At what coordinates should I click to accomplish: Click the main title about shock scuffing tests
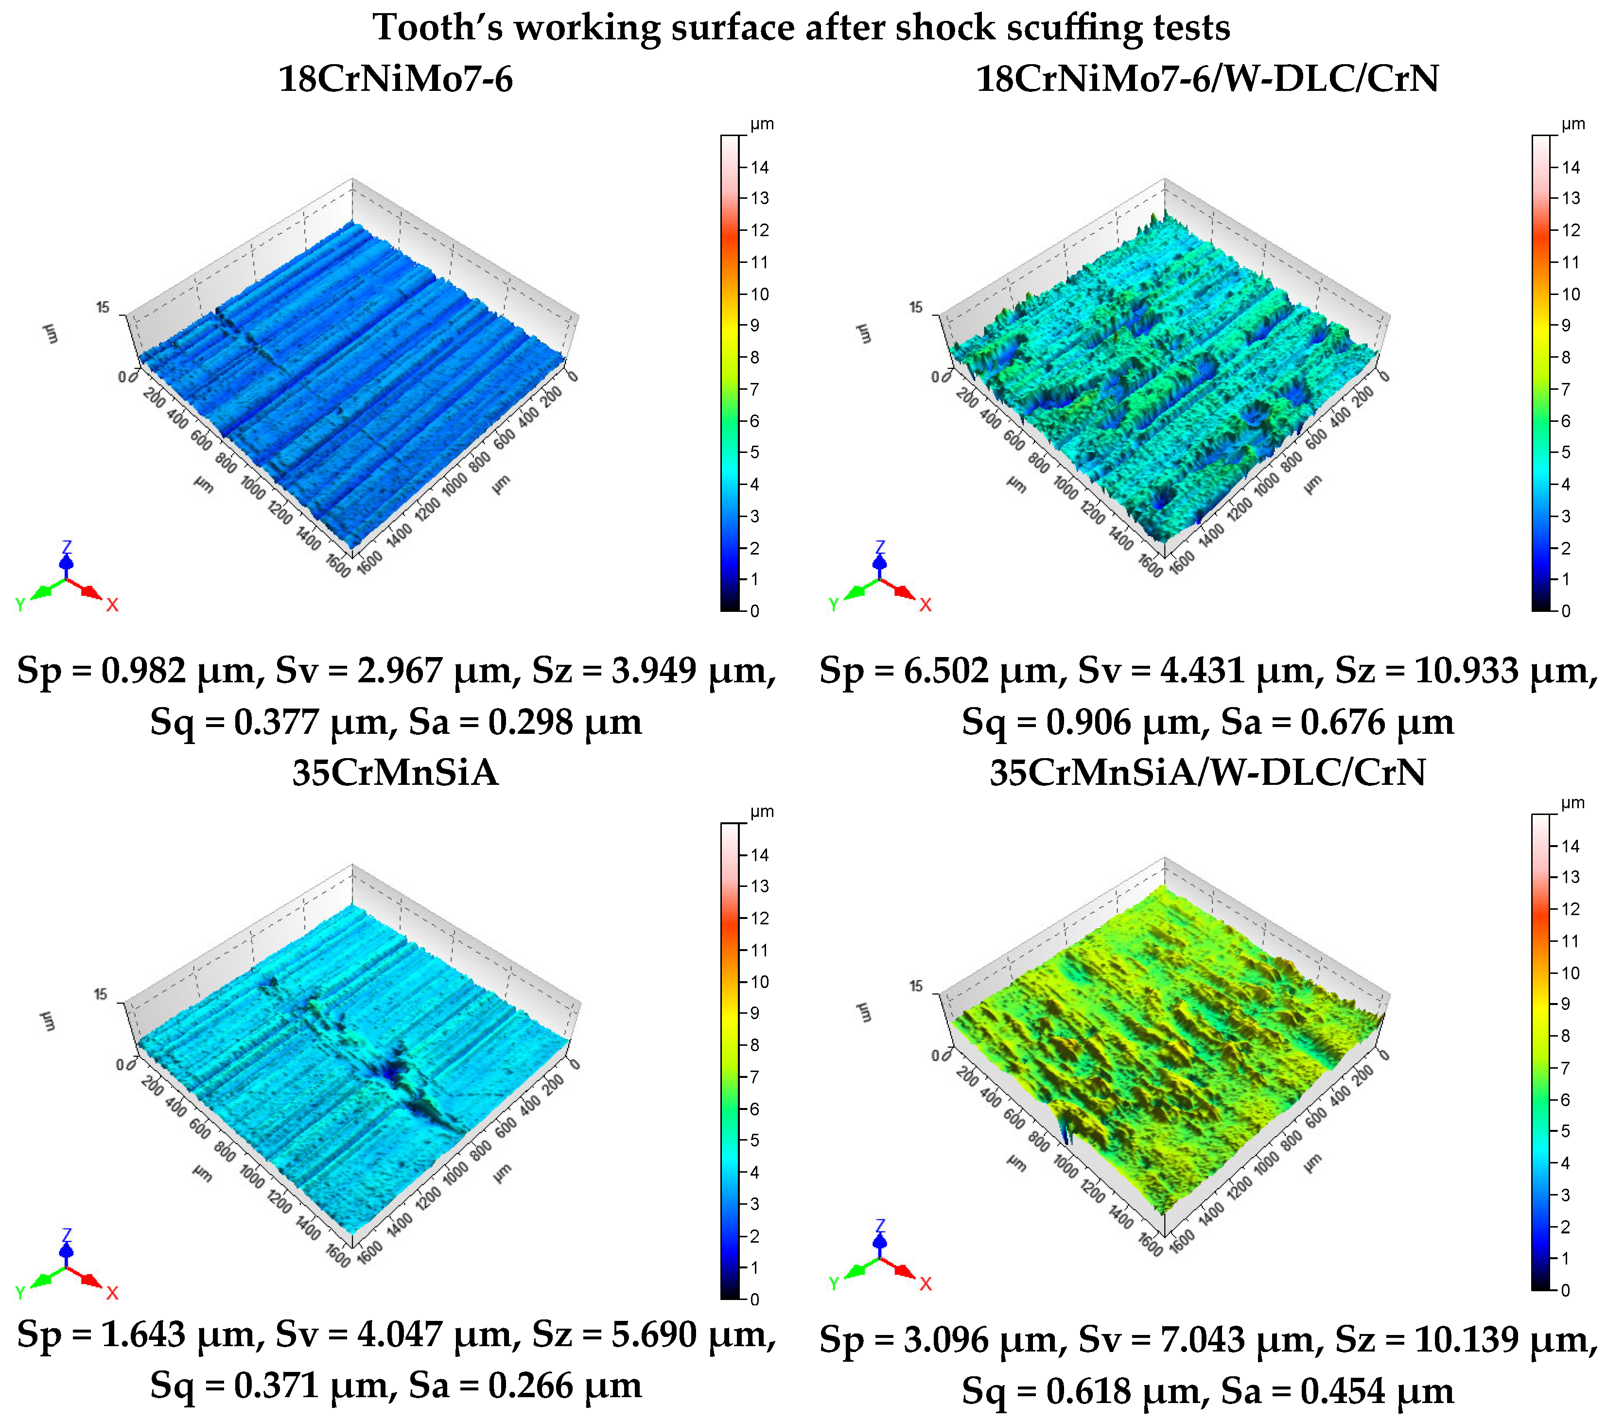click(x=801, y=28)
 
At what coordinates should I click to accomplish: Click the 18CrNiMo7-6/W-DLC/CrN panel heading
click(x=1207, y=79)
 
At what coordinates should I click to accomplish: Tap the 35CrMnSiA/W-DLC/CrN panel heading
click(x=1207, y=773)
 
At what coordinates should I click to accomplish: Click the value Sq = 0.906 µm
click(x=1085, y=722)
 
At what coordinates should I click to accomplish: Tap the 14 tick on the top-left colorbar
click(x=759, y=167)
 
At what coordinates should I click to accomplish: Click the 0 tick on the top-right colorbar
click(x=1565, y=611)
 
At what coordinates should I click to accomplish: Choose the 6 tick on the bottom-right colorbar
click(x=1565, y=1100)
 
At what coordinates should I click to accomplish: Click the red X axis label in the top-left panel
click(x=112, y=605)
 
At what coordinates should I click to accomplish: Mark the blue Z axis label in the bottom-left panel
click(x=67, y=1235)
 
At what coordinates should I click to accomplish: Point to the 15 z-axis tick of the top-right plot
click(x=916, y=307)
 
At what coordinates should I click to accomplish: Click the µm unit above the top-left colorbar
click(x=761, y=124)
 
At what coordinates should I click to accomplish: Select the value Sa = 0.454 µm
click(x=1337, y=1391)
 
